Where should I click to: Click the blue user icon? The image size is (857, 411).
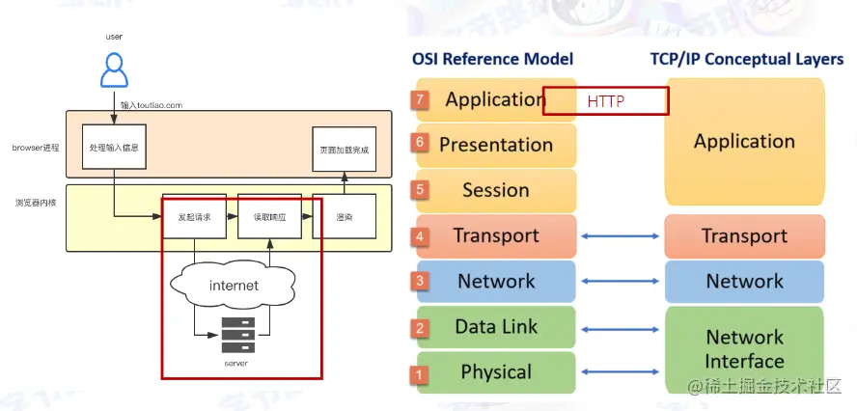114,69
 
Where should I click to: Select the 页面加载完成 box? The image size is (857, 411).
344,151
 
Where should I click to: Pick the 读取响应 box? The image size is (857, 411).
269,217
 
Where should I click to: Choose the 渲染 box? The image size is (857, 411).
344,217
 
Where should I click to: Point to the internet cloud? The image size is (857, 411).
234,286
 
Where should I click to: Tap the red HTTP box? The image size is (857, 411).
605,101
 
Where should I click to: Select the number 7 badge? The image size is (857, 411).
419,99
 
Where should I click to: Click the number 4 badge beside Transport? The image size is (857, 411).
420,236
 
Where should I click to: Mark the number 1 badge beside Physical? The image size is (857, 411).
419,373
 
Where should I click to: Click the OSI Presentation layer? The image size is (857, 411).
495,145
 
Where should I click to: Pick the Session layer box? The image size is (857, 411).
495,190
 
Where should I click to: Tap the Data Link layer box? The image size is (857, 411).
495,327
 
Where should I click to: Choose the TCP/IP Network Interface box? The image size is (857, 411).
744,349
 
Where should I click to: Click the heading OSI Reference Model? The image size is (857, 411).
492,59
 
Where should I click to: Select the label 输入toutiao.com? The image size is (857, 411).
152,103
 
